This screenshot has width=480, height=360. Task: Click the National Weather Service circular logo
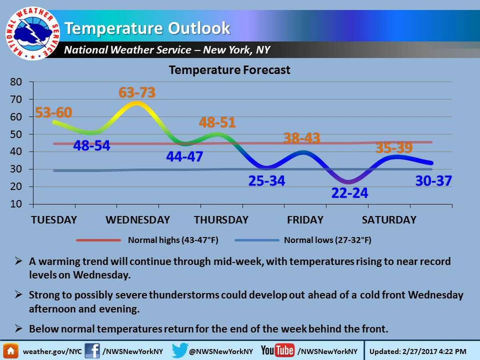pyautogui.click(x=32, y=34)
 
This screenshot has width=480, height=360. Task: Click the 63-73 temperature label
pyautogui.click(x=137, y=92)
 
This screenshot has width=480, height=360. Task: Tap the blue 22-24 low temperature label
pyautogui.click(x=350, y=193)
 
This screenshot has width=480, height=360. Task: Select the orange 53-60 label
pyautogui.click(x=54, y=112)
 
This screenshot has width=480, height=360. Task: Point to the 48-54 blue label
pyautogui.click(x=92, y=146)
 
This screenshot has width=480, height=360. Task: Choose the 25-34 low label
pyautogui.click(x=267, y=181)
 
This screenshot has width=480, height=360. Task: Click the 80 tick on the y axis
pyautogui.click(x=16, y=82)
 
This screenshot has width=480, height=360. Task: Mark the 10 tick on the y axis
pyautogui.click(x=16, y=204)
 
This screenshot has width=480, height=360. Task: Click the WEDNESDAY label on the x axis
pyautogui.click(x=138, y=220)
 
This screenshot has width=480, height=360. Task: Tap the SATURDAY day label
pyautogui.click(x=389, y=220)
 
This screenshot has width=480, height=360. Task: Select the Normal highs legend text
pyautogui.click(x=173, y=240)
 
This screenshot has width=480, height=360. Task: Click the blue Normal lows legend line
pyautogui.click(x=257, y=240)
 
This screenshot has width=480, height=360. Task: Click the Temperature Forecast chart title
pyautogui.click(x=229, y=70)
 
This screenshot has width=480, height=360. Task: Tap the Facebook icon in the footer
pyautogui.click(x=92, y=351)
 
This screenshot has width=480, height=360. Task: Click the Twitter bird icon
pyautogui.click(x=180, y=350)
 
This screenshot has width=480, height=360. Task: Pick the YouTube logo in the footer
pyautogui.click(x=278, y=350)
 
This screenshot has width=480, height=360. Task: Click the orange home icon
pyautogui.click(x=11, y=351)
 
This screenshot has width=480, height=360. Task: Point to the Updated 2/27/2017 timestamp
pyautogui.click(x=418, y=352)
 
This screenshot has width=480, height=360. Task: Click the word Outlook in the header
pyautogui.click(x=199, y=28)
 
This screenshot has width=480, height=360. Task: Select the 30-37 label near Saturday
pyautogui.click(x=434, y=181)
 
